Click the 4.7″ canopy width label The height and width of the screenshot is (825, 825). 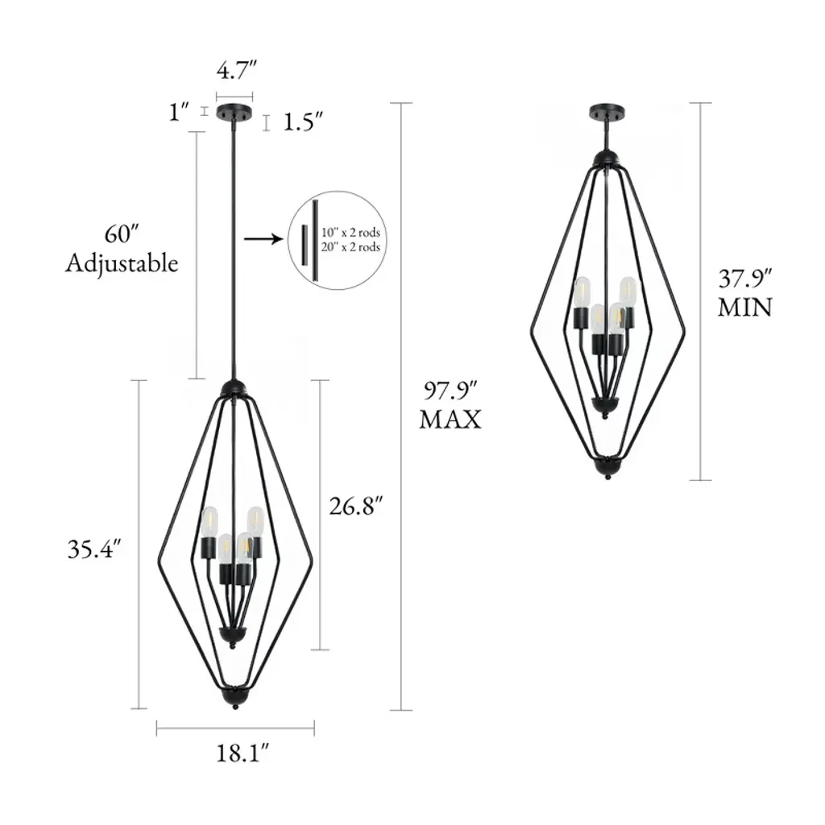tap(236, 69)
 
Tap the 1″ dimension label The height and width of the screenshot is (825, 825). tap(179, 112)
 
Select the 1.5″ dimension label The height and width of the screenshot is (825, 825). tap(303, 122)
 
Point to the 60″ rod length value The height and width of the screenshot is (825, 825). tap(122, 234)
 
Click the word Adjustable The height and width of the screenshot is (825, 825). tap(122, 263)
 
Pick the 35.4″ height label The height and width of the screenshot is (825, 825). tap(94, 549)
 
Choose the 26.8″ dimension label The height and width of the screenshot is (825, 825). tap(355, 506)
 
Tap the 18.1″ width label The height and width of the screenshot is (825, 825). tap(243, 753)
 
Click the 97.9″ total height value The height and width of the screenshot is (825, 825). tap(450, 391)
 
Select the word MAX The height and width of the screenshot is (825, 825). tap(450, 420)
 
